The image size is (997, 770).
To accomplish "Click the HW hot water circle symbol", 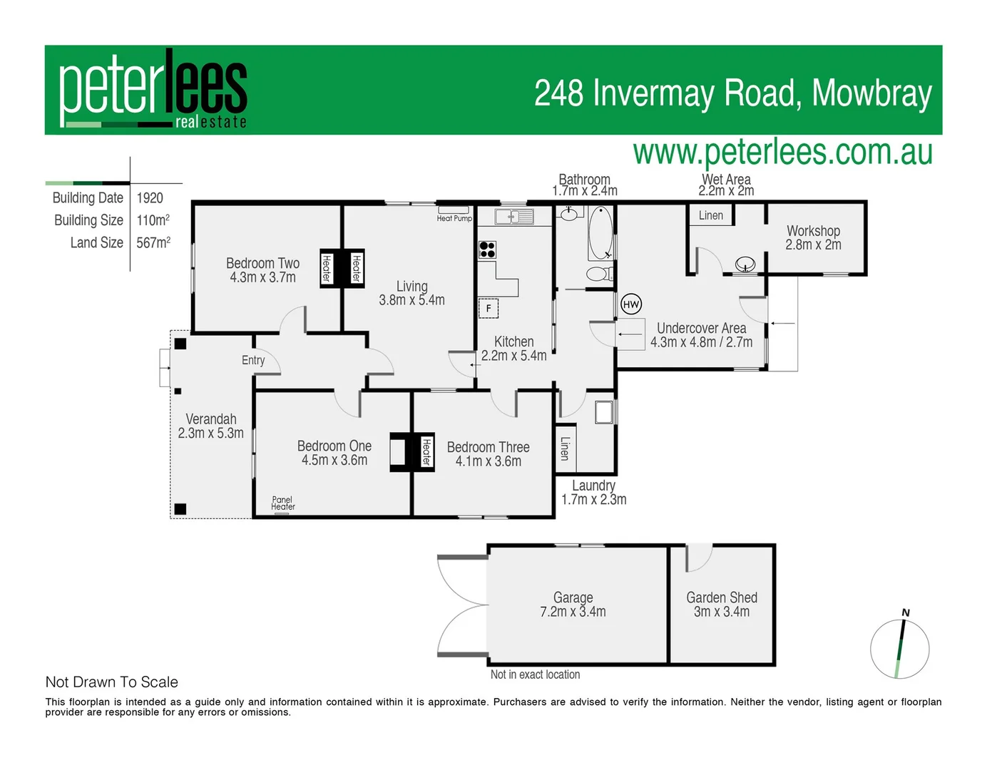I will click(631, 304).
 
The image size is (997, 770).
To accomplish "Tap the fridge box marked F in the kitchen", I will click(488, 308).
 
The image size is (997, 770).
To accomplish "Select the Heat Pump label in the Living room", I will click(454, 218).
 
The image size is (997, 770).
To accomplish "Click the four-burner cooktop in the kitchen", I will click(487, 250).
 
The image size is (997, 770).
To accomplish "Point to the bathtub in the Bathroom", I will click(600, 232).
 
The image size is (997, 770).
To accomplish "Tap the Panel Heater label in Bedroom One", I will click(282, 503).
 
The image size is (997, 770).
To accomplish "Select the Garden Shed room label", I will click(721, 597).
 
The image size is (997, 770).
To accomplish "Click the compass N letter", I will click(906, 612).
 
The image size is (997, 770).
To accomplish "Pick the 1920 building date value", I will click(150, 198).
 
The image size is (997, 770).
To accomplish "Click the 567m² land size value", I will click(153, 242).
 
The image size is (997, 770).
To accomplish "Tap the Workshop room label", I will click(813, 231).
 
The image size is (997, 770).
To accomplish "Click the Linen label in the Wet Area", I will click(710, 215).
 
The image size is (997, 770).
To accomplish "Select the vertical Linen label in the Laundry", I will click(565, 448).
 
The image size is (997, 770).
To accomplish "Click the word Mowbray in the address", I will click(871, 93).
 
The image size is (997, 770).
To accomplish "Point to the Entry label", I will click(253, 360).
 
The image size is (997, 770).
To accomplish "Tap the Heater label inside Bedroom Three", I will click(426, 452).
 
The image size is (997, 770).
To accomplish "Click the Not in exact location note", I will click(535, 674).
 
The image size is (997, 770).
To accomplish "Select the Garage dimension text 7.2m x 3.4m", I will click(573, 612).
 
